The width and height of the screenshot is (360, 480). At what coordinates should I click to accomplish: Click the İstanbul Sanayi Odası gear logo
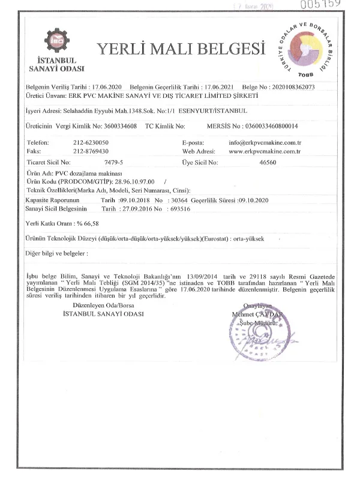(x=56, y=41)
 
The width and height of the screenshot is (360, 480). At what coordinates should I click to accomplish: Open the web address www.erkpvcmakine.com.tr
(x=265, y=151)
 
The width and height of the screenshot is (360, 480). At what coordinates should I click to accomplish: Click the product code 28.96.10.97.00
(x=128, y=181)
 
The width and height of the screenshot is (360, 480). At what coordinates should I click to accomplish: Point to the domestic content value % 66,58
(x=85, y=223)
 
